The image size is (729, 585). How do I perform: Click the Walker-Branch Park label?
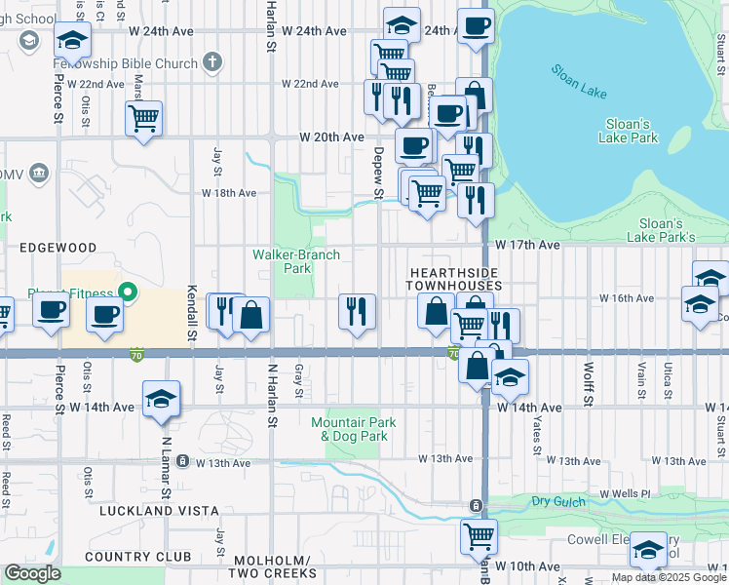[x=296, y=260]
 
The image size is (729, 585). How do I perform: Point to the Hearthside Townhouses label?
[x=455, y=278]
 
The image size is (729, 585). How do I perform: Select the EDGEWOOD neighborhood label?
[x=58, y=248]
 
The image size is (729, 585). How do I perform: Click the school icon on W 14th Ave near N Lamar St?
[x=161, y=398]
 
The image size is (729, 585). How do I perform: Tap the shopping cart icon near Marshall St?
[x=143, y=118]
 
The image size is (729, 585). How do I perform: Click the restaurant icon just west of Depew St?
[x=357, y=311]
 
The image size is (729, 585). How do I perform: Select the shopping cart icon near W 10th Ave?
[x=479, y=534]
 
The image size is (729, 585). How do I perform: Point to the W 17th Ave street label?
[x=527, y=245]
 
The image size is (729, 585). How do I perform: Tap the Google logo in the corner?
[x=32, y=573]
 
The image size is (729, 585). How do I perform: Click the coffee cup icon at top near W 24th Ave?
[x=476, y=26]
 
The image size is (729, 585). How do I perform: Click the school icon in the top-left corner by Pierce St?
[x=72, y=40]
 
